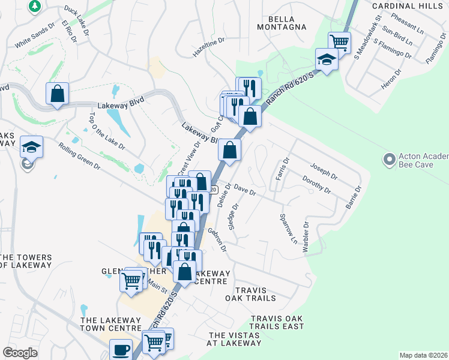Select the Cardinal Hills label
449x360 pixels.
(x=410, y=5)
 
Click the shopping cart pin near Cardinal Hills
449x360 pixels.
(x=339, y=42)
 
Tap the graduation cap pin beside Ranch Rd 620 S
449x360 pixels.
(x=326, y=59)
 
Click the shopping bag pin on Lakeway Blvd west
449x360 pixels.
(x=57, y=93)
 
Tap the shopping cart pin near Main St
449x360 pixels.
(x=131, y=279)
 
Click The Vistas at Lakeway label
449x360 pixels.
(x=235, y=339)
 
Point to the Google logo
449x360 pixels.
(x=20, y=353)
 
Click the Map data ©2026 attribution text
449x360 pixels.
(x=423, y=355)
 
